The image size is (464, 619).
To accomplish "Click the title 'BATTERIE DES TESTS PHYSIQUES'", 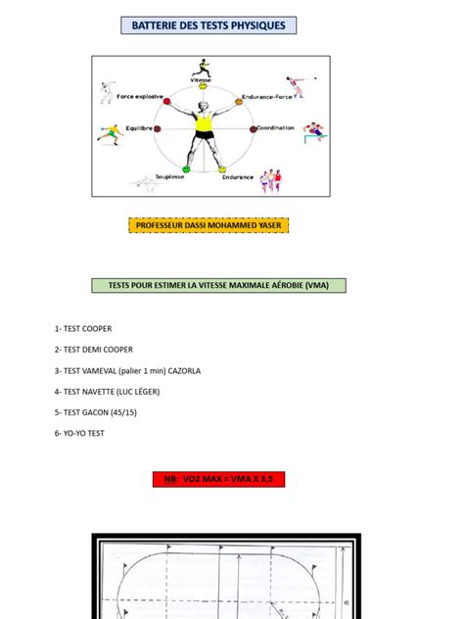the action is [208, 25].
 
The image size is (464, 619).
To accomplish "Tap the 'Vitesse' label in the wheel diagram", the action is [202, 80].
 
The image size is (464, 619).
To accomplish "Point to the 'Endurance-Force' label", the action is [267, 97].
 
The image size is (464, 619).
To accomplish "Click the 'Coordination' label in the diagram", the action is [275, 127].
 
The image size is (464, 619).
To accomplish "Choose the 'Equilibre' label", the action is [139, 127].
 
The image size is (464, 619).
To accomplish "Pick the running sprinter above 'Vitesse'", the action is [201, 67].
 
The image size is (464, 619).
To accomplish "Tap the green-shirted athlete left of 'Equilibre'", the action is [109, 132].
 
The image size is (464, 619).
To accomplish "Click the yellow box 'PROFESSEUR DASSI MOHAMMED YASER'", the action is [209, 225].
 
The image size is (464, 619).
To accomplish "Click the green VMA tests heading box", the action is [218, 285].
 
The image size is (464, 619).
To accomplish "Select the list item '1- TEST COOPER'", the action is [83, 329].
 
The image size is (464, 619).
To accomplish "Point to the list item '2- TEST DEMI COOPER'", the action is [94, 350].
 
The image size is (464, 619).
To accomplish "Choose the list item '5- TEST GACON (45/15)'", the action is [97, 411].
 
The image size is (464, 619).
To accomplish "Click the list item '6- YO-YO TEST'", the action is [79, 432].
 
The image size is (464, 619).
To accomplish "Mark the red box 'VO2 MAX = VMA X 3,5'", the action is [218, 480].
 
